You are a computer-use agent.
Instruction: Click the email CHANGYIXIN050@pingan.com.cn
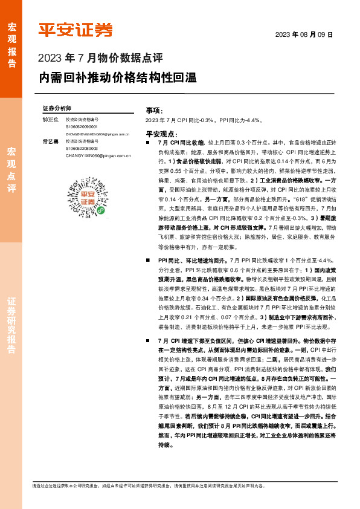point(98,155)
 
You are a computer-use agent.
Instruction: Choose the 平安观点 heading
point(161,132)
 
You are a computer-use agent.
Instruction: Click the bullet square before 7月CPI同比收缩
point(149,141)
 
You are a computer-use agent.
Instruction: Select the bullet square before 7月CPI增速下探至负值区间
point(149,342)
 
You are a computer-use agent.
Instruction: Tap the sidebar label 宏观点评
point(11,169)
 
